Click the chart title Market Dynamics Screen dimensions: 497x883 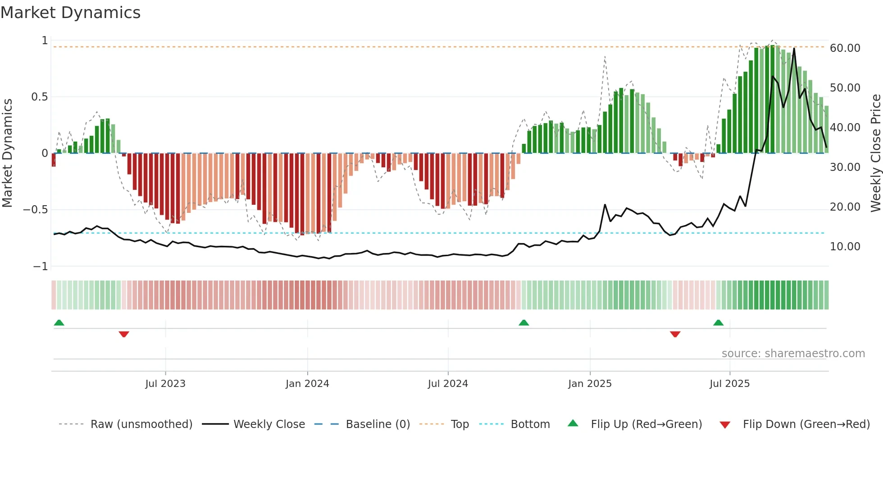pyautogui.click(x=71, y=13)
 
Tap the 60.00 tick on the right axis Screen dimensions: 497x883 pyautogui.click(x=845, y=48)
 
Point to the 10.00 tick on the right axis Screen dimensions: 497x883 pyautogui.click(x=845, y=247)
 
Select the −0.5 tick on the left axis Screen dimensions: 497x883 pyautogui.click(x=35, y=210)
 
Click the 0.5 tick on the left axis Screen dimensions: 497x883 pyautogui.click(x=39, y=97)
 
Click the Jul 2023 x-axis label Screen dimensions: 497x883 pyautogui.click(x=165, y=384)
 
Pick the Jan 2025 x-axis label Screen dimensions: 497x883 pyautogui.click(x=590, y=384)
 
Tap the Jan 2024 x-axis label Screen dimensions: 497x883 pyautogui.click(x=307, y=384)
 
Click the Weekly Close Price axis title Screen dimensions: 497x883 pyautogui.click(x=875, y=153)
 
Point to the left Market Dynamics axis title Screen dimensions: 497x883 pyautogui.click(x=7, y=153)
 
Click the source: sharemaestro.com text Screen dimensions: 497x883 pyautogui.click(x=793, y=354)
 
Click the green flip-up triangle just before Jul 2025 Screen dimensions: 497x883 pyautogui.click(x=718, y=323)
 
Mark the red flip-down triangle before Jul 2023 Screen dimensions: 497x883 pyautogui.click(x=124, y=334)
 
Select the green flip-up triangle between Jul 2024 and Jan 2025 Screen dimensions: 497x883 pyautogui.click(x=523, y=323)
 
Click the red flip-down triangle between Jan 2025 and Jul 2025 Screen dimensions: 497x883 pyautogui.click(x=675, y=334)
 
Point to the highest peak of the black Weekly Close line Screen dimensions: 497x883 pyautogui.click(x=794, y=48)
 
